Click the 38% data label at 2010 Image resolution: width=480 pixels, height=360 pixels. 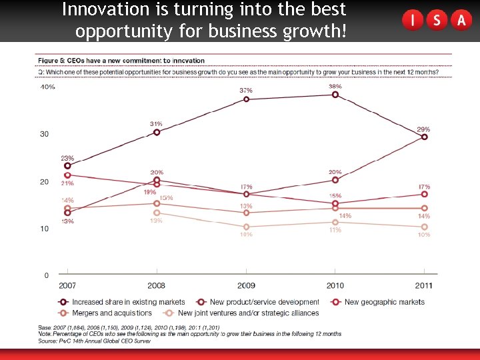(335, 87)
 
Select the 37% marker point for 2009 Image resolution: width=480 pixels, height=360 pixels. (246, 99)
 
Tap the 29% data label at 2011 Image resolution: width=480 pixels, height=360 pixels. (423, 129)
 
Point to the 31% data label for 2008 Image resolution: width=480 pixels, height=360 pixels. (156, 124)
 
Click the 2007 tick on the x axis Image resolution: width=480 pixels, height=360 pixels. (67, 285)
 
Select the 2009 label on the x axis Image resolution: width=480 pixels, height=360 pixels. (246, 285)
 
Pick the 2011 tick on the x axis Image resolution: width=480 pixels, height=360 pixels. (424, 285)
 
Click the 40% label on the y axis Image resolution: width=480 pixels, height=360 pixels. (47, 87)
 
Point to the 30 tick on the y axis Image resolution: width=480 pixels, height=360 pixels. (44, 134)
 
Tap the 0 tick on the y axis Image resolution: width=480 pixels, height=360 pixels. (46, 275)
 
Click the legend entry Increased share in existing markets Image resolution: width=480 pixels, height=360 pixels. (128, 303)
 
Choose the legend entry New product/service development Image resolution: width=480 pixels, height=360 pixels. (264, 303)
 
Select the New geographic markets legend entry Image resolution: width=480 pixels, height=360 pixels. (384, 303)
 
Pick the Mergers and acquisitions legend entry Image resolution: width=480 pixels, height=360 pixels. (111, 313)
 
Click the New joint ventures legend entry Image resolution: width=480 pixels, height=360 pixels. (248, 313)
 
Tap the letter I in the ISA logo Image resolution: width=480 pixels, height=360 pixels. (413, 21)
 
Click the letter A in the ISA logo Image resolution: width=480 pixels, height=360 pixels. (461, 21)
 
